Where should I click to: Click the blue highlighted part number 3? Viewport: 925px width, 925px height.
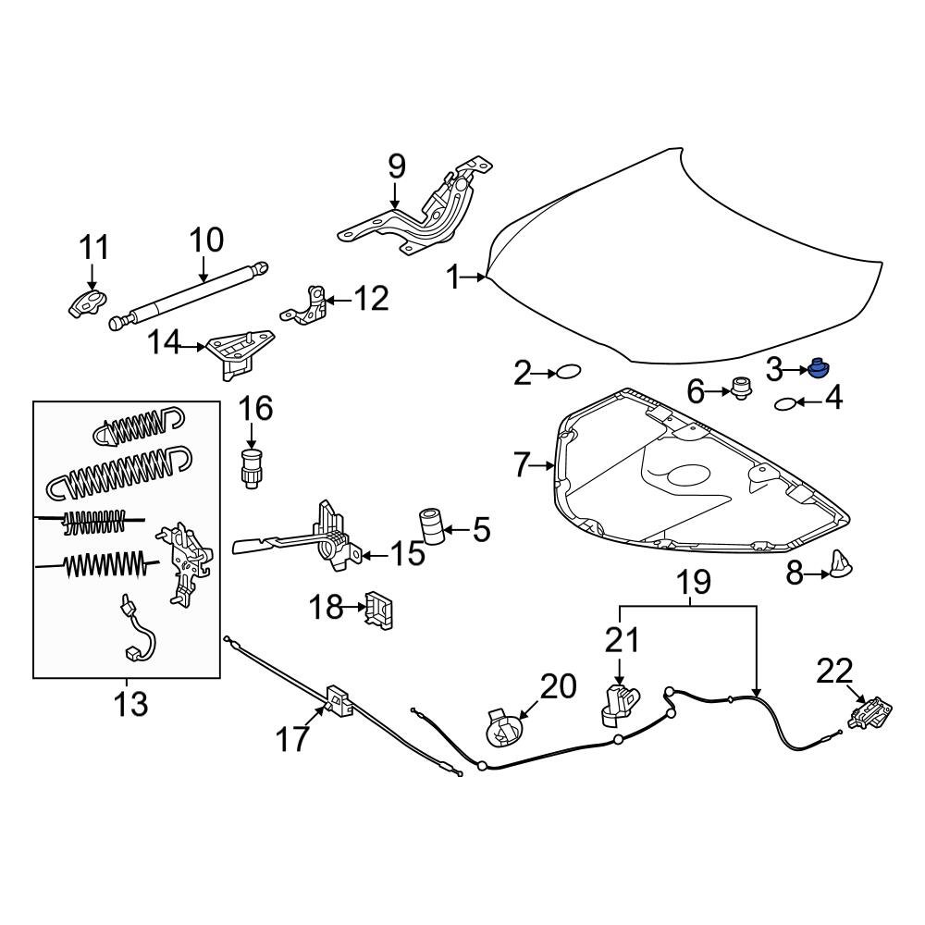[x=818, y=369]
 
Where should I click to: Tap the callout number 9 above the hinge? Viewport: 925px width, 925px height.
[x=396, y=166]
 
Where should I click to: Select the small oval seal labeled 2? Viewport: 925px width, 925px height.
[x=567, y=373]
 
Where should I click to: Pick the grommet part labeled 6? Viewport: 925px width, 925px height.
[x=739, y=389]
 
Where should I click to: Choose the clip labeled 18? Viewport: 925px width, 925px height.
[x=379, y=609]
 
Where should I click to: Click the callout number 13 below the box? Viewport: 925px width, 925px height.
[x=129, y=704]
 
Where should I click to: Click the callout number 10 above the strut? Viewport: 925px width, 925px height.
[x=206, y=240]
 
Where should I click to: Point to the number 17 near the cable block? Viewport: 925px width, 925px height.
[x=293, y=739]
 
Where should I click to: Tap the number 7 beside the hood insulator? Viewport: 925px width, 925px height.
[x=524, y=465]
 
